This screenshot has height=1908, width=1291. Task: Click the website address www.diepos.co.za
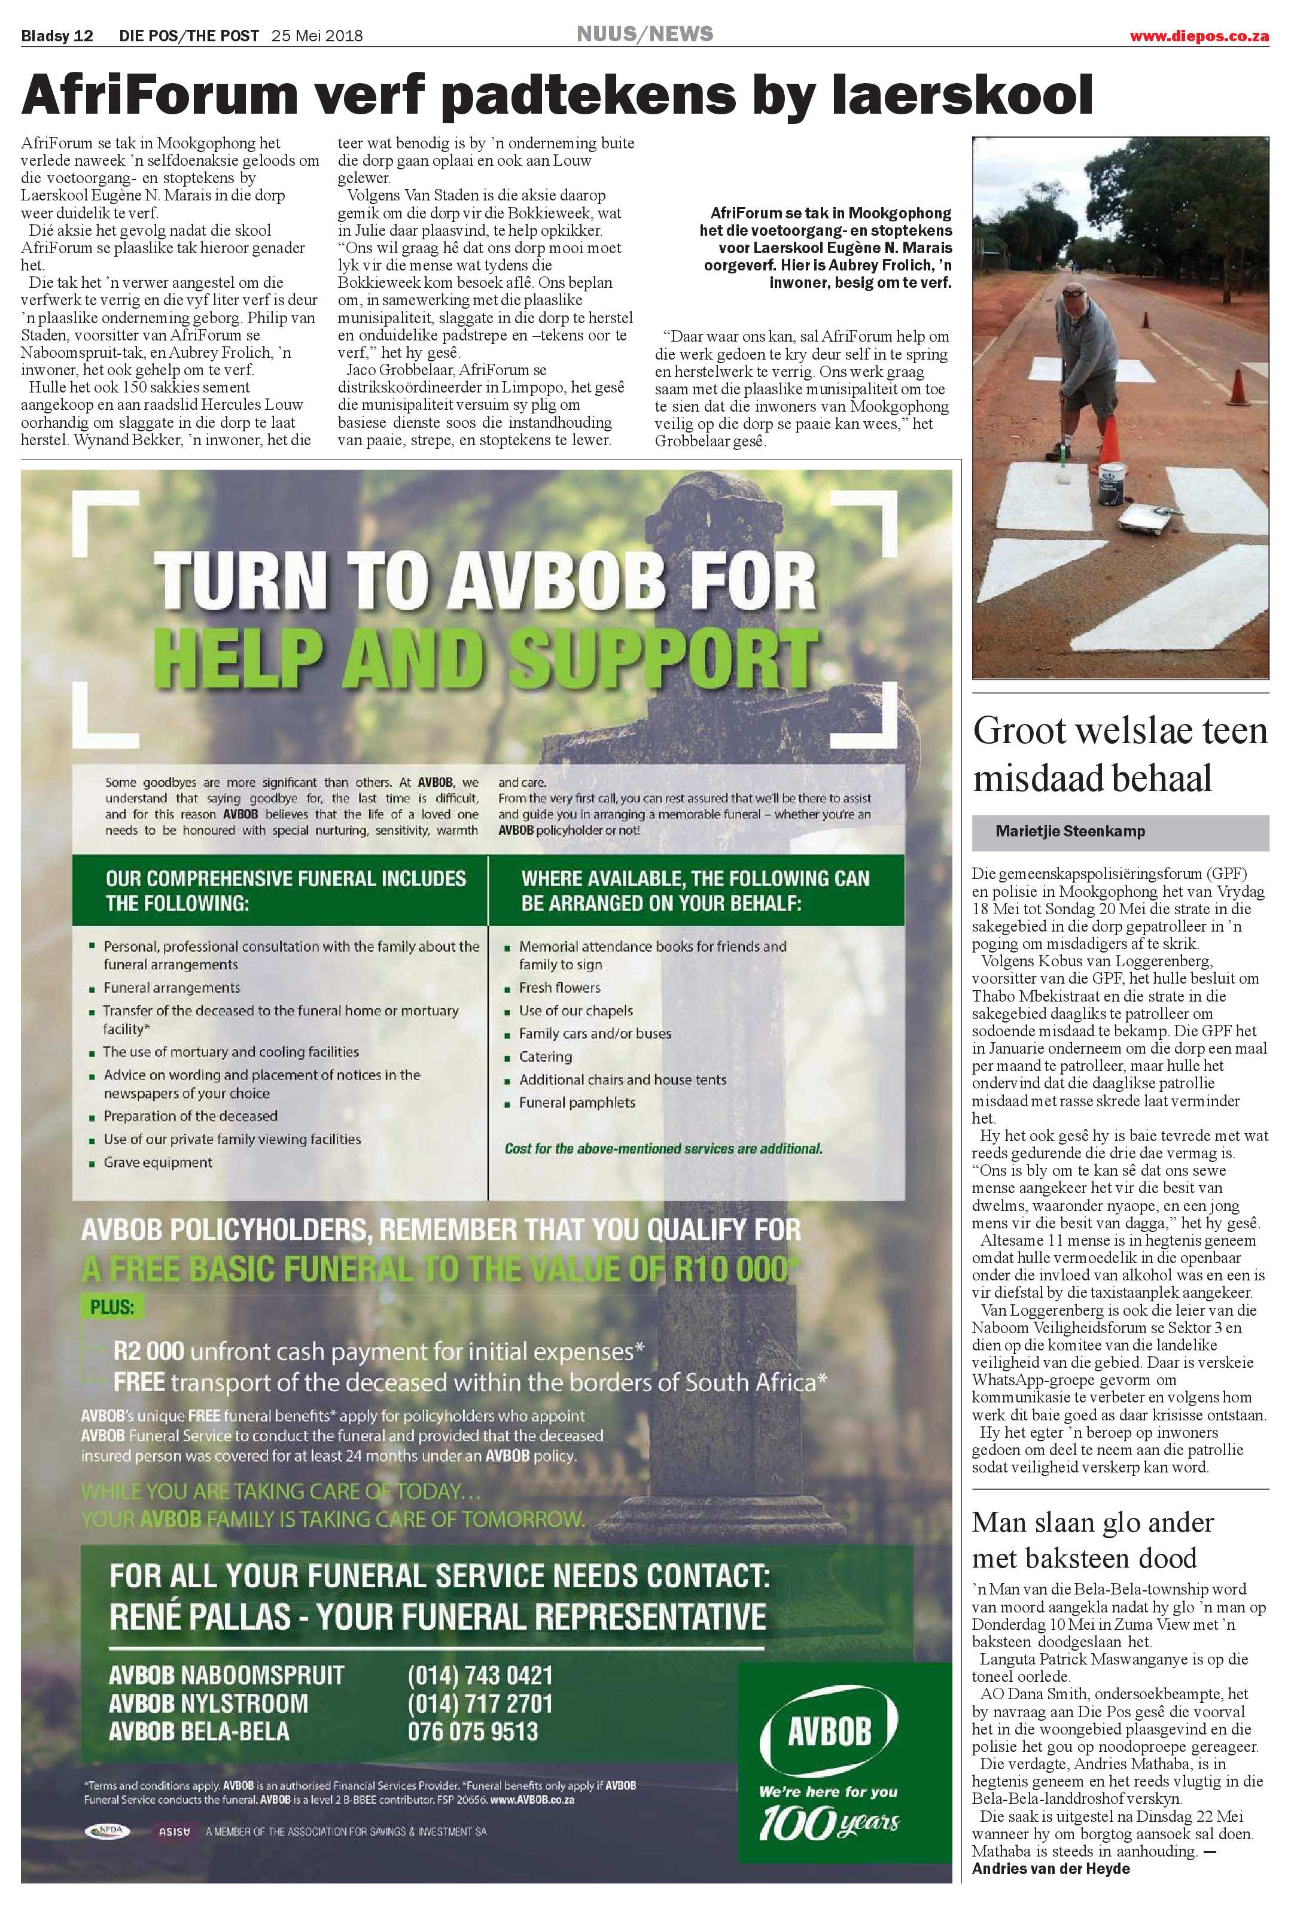coord(1198,35)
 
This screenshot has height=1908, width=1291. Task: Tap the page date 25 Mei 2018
coord(317,35)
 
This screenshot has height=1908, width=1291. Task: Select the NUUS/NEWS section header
coord(644,34)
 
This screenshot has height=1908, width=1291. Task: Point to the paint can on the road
coord(1114,478)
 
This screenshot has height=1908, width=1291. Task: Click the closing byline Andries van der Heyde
coord(1051,1885)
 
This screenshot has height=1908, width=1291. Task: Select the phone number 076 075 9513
coord(473,1731)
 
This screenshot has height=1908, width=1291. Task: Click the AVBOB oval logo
coord(829,1731)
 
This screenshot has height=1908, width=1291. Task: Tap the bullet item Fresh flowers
coord(559,988)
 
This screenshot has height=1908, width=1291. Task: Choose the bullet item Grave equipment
coord(157,1163)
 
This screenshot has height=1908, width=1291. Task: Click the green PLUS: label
coord(112,1307)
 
